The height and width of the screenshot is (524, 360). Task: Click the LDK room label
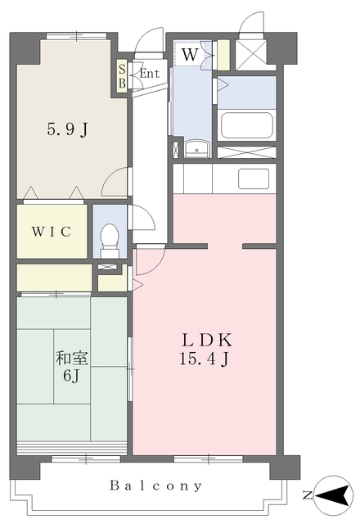coord(207,341)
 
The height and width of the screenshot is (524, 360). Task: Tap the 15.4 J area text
coord(205,359)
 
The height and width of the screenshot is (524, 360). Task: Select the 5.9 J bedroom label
coord(68,129)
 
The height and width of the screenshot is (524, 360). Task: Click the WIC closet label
coord(52,231)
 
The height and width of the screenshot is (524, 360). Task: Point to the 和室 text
coord(71,358)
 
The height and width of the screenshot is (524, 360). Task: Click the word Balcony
coord(156,486)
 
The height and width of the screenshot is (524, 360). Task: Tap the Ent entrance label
coord(149,74)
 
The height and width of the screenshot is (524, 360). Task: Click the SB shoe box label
coord(122,76)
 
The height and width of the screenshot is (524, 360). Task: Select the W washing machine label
coord(191,54)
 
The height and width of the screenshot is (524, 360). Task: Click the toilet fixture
coord(110,241)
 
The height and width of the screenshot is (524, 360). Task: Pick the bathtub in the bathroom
coord(247,125)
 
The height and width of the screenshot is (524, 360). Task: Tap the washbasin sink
coord(197,148)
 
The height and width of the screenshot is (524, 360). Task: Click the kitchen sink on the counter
coord(254,178)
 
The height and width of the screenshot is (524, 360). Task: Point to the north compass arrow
coord(335,495)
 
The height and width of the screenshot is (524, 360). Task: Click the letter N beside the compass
coord(308,495)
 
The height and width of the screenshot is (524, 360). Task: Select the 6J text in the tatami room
coord(71,376)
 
